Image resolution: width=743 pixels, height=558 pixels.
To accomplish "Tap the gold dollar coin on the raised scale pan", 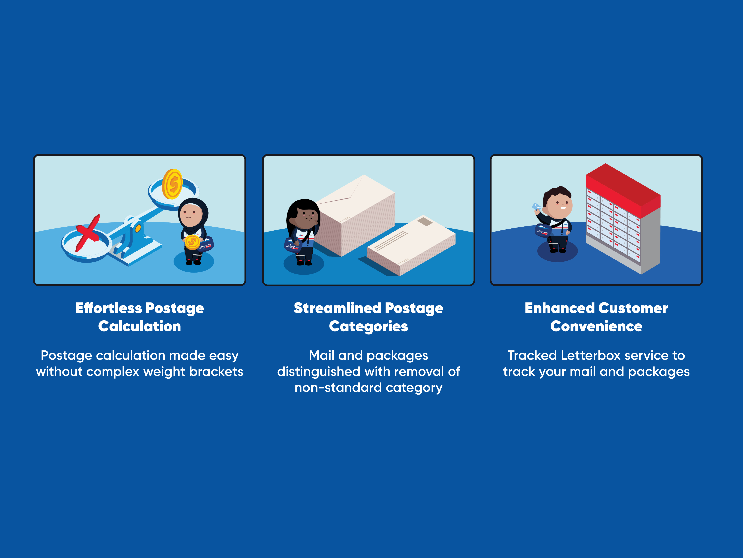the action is tap(172, 184).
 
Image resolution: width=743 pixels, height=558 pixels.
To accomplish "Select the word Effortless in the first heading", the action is tap(109, 308).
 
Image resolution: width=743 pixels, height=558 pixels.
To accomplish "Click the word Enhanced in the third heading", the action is tap(560, 308).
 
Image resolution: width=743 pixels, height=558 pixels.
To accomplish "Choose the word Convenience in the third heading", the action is tap(596, 326).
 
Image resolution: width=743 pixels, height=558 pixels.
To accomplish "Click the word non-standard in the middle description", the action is tap(338, 388).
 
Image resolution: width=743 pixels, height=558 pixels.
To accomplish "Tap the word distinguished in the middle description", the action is tap(319, 372).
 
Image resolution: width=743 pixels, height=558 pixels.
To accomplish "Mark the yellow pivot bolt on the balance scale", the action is tap(138, 229).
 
